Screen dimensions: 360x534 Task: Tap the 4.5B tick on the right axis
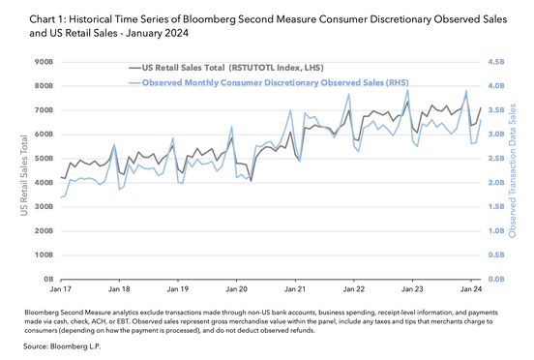[498, 62]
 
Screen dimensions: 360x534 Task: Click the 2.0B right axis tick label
[498, 182]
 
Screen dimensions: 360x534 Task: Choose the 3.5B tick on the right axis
[498, 109]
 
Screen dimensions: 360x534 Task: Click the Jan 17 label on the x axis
[62, 288]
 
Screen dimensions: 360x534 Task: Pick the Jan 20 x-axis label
[236, 288]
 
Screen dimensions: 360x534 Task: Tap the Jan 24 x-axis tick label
[471, 288]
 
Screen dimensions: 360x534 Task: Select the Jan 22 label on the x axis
[354, 288]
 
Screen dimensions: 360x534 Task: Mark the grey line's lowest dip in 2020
[251, 180]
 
